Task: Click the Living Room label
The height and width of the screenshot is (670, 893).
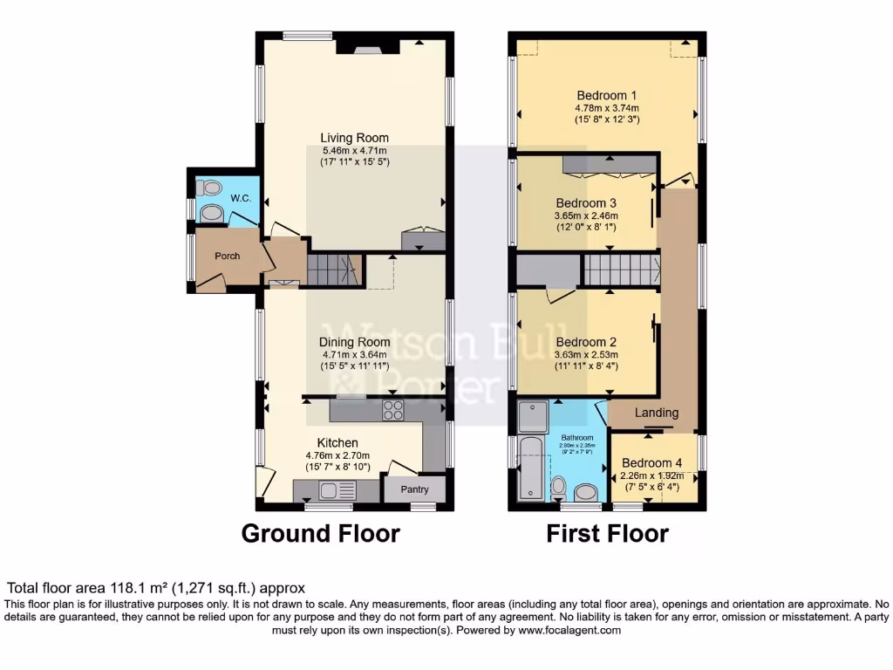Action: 354,138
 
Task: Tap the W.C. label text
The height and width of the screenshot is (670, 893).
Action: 241,198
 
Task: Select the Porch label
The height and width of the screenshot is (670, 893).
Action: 228,256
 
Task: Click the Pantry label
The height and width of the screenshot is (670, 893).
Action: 414,489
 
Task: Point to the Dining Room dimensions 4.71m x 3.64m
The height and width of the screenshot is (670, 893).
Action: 354,355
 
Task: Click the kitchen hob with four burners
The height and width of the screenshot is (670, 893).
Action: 392,410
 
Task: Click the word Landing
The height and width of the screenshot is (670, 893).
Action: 657,413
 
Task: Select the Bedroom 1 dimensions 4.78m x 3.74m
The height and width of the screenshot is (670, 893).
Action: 607,108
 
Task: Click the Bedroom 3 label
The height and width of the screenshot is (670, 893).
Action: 586,202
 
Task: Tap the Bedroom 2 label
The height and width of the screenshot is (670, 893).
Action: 586,342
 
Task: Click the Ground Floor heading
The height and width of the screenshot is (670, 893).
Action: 320,533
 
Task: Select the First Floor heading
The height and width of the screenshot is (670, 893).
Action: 607,533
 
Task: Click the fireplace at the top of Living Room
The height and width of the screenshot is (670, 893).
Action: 367,44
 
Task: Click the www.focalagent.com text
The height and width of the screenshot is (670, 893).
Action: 569,630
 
